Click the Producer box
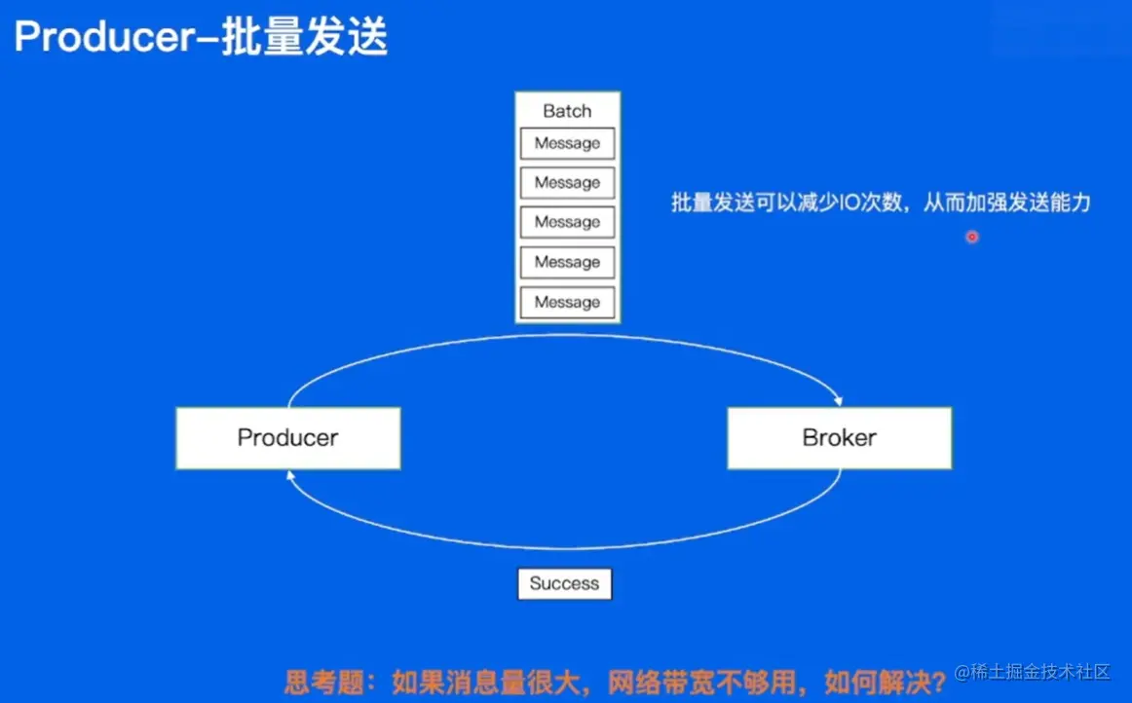(287, 438)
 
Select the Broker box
(839, 438)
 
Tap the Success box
(564, 584)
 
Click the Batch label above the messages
(567, 110)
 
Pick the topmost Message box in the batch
(567, 143)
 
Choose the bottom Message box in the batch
(567, 302)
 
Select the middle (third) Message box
(567, 222)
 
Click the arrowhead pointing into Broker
(837, 399)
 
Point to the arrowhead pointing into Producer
(288, 476)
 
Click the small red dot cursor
(971, 237)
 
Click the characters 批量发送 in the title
(304, 37)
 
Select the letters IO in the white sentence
(849, 203)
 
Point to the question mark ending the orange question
(939, 680)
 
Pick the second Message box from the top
(567, 182)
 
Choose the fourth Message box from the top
(567, 262)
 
